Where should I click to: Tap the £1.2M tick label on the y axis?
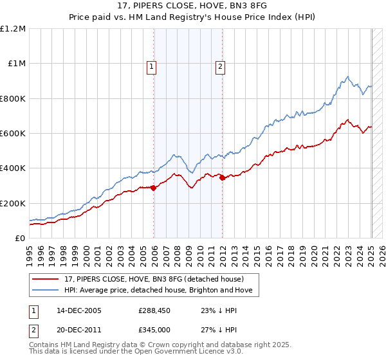[x=14, y=29]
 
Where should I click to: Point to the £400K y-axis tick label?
[x=12, y=168]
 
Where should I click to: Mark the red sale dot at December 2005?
[x=154, y=188]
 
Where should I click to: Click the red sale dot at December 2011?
[x=223, y=178]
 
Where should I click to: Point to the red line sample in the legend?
[x=46, y=280]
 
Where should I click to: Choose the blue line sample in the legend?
[x=46, y=291]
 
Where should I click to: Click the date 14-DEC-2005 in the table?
[x=79, y=310]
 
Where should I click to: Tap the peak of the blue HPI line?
[x=347, y=76]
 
